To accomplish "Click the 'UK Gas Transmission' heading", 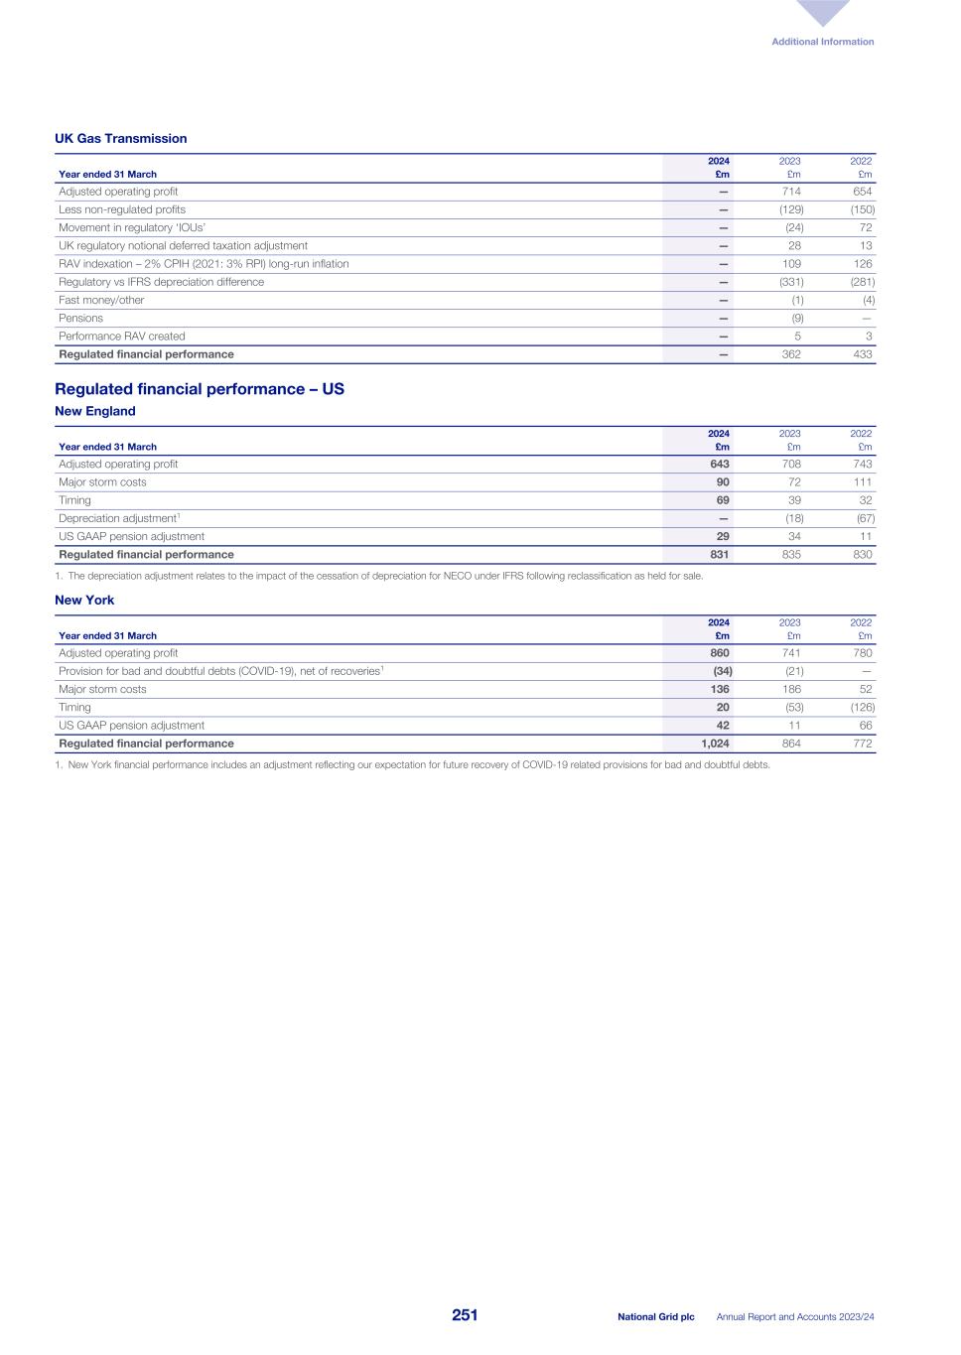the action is pyautogui.click(x=120, y=139).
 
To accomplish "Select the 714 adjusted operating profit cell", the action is pyautogui.click(x=790, y=192).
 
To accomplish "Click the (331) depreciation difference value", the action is pyautogui.click(x=790, y=282).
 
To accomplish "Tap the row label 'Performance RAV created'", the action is pyautogui.click(x=121, y=337).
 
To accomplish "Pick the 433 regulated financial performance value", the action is pyautogui.click(x=862, y=354).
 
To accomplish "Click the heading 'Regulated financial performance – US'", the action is pyautogui.click(x=199, y=389).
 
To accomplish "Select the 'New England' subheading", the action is pyautogui.click(x=94, y=411).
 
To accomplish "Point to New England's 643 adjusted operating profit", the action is pyautogui.click(x=719, y=465).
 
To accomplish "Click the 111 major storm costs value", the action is pyautogui.click(x=861, y=482).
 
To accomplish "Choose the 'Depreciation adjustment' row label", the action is pyautogui.click(x=118, y=518).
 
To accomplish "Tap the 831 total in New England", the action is pyautogui.click(x=719, y=555).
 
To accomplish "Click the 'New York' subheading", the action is pyautogui.click(x=84, y=601).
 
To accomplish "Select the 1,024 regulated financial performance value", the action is pyautogui.click(x=715, y=744).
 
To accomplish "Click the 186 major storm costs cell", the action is pyautogui.click(x=790, y=690).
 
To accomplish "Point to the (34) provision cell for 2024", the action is pyautogui.click(x=722, y=671).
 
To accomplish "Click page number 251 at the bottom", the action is pyautogui.click(x=465, y=1315).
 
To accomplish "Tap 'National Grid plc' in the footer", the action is pyautogui.click(x=655, y=1317).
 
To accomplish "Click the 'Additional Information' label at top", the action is pyautogui.click(x=822, y=42).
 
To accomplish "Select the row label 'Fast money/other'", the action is pyautogui.click(x=101, y=300).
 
